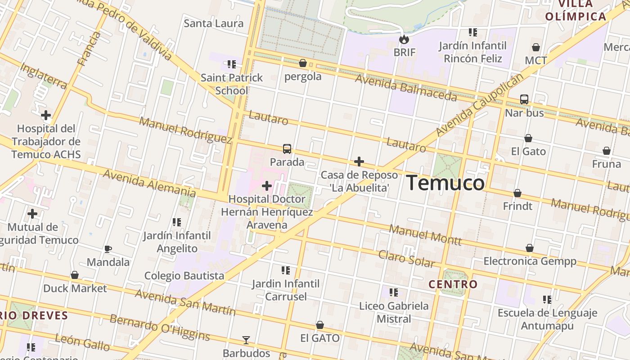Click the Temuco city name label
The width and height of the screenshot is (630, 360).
point(445,183)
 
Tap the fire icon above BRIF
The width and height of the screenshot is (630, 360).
point(404,39)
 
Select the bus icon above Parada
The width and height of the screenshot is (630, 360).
point(287,148)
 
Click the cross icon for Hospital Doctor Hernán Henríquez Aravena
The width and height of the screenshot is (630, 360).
point(267,185)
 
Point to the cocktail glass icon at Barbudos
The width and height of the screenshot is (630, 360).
point(246,340)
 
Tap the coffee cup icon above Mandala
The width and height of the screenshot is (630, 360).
point(108,249)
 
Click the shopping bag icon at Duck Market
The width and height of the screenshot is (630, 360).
point(75,275)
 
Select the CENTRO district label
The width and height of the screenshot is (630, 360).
point(453,284)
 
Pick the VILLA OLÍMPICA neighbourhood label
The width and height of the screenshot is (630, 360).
point(576,10)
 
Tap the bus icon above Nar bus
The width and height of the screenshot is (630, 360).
point(524,99)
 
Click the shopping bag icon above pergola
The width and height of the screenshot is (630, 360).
point(303,63)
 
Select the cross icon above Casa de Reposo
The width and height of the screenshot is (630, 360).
point(359,161)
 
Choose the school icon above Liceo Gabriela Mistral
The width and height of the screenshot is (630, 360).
point(394,292)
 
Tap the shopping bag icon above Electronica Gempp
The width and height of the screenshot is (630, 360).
point(530,248)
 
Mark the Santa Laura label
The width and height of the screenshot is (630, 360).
point(214,23)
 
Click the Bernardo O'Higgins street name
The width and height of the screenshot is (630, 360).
point(160,328)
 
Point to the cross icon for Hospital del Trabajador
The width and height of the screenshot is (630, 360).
point(46,115)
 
